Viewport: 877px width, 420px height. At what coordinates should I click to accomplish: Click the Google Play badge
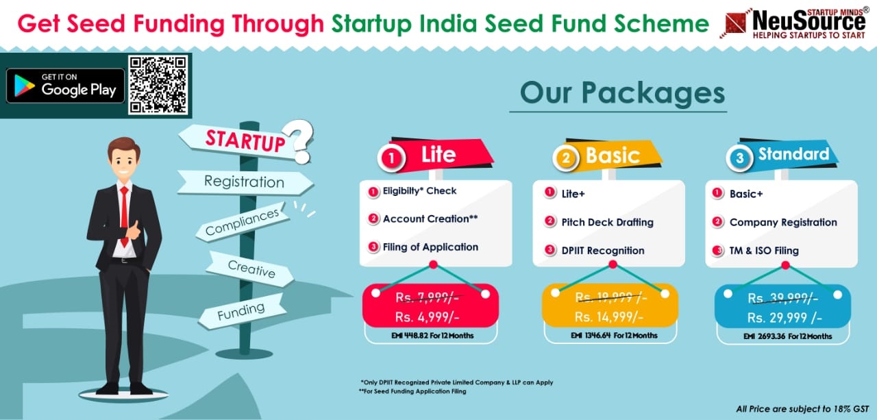click(x=65, y=86)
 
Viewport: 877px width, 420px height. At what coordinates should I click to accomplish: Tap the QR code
click(x=158, y=85)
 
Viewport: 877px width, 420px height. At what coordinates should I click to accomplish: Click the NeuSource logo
click(x=794, y=23)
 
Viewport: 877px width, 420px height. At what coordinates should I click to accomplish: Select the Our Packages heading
click(x=622, y=92)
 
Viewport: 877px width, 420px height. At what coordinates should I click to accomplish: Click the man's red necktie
click(x=125, y=215)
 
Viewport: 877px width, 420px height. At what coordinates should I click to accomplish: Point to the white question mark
click(x=299, y=141)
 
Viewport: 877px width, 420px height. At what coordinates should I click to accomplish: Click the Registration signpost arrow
click(x=245, y=182)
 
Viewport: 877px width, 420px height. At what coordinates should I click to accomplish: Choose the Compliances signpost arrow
click(x=243, y=221)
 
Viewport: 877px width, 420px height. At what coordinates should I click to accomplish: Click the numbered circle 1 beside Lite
click(x=391, y=158)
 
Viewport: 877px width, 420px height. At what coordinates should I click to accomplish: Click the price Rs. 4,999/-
click(x=427, y=317)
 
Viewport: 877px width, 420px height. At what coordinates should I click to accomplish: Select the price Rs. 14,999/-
click(x=609, y=317)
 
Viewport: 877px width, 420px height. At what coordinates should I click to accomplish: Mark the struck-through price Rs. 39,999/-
click(x=782, y=298)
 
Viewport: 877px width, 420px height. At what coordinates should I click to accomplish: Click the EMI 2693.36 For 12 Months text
click(x=787, y=336)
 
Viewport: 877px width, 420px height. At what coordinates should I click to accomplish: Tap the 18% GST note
click(x=802, y=409)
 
